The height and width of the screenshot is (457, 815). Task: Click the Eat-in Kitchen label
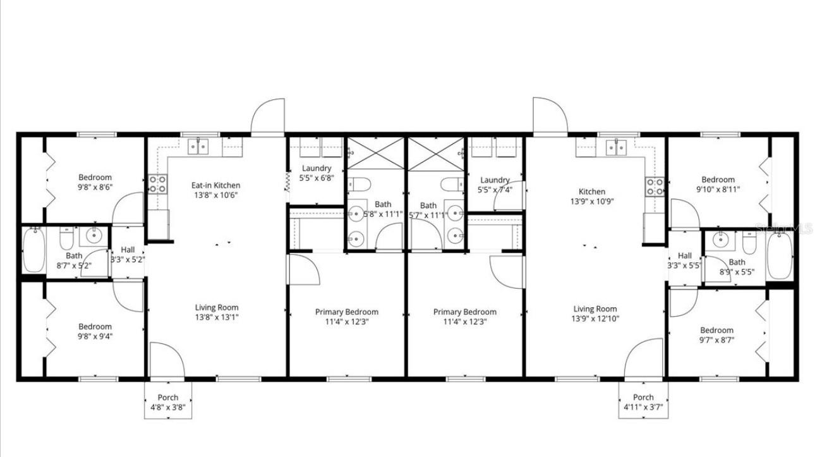216,185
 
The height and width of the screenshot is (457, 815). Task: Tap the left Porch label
168,397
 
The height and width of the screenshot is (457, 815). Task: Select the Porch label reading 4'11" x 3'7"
643,407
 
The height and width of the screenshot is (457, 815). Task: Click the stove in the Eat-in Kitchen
157,184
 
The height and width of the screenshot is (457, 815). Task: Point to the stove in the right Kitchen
655,186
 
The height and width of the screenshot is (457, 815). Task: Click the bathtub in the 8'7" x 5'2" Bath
33,249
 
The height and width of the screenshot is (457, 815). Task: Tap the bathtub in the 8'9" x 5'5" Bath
779,256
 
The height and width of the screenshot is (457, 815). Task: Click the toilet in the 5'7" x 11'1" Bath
450,185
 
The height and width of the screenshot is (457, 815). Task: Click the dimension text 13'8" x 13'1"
217,317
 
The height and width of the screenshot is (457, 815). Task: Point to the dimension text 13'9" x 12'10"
595,319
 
